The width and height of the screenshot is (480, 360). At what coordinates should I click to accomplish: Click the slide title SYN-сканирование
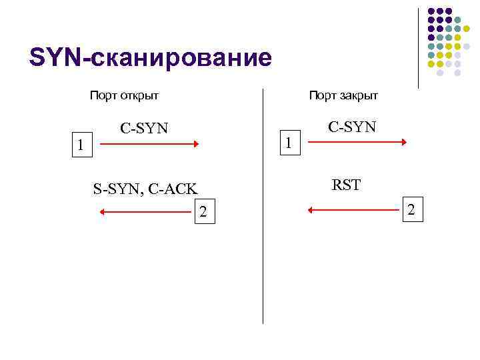pyautogui.click(x=151, y=57)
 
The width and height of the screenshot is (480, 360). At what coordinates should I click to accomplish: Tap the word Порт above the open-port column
pyautogui.click(x=104, y=95)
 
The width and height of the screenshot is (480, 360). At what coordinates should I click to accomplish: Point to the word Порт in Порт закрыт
pyautogui.click(x=323, y=95)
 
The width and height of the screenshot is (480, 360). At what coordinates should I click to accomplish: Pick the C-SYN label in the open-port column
pyautogui.click(x=145, y=127)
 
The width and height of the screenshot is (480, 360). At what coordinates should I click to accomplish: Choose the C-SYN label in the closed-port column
pyautogui.click(x=352, y=126)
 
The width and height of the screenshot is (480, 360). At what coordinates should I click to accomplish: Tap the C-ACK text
pyautogui.click(x=173, y=189)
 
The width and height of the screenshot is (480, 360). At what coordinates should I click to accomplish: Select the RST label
pyautogui.click(x=347, y=185)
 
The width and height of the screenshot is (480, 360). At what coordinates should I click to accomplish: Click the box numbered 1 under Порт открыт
pyautogui.click(x=81, y=144)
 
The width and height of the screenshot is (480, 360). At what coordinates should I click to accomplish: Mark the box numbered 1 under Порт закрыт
pyautogui.click(x=288, y=142)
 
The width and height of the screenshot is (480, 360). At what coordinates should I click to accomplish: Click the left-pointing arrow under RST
pyautogui.click(x=353, y=210)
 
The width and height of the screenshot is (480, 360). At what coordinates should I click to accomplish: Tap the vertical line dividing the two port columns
pyautogui.click(x=263, y=207)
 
